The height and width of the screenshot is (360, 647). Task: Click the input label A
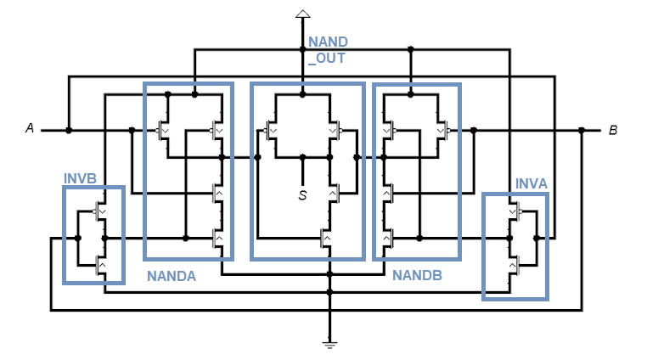click(30, 129)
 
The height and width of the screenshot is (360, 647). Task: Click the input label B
click(612, 131)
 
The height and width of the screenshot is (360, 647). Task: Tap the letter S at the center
click(302, 195)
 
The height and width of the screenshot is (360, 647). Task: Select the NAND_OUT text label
click(327, 50)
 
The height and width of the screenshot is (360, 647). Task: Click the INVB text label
click(81, 179)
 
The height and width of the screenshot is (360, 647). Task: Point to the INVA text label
click(532, 184)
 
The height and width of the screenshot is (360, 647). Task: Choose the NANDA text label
click(172, 276)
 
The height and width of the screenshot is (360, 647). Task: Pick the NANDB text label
click(416, 276)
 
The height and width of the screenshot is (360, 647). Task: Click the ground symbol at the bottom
click(329, 343)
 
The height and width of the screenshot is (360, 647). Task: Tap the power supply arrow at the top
click(302, 13)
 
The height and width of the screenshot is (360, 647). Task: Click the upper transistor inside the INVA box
click(513, 211)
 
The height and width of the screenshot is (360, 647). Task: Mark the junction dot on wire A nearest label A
click(69, 130)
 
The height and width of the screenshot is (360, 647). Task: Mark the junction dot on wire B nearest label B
click(582, 130)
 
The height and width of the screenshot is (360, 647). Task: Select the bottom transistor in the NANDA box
click(217, 239)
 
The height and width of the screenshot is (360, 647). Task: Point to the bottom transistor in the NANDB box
click(389, 239)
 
